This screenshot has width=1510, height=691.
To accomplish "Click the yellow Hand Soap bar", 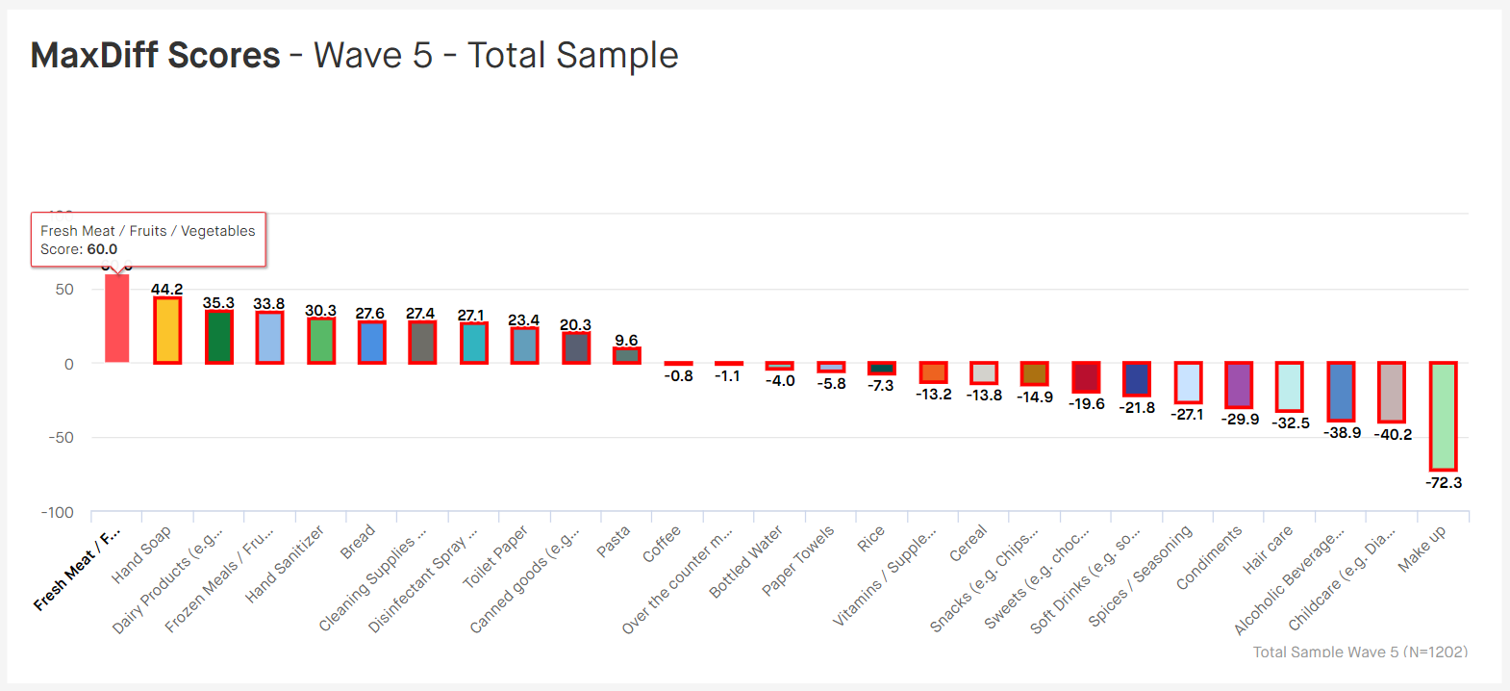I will [x=167, y=330].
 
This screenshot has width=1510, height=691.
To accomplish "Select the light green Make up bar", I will [x=1443, y=416].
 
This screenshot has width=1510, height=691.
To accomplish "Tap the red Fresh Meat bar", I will [x=116, y=319].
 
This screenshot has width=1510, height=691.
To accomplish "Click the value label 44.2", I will [x=166, y=289].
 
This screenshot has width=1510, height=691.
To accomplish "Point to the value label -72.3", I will [x=1443, y=482].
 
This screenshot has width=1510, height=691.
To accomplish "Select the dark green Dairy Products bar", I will [x=218, y=337].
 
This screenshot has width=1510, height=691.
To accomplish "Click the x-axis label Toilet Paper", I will [x=496, y=556].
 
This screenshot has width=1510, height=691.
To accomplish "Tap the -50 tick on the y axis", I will [x=62, y=438].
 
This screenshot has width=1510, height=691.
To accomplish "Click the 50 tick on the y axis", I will [x=64, y=290].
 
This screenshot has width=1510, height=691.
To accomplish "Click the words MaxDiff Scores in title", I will [x=156, y=56].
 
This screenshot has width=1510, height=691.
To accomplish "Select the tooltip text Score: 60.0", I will [x=79, y=249].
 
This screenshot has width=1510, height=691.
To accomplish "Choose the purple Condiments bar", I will [x=1239, y=385].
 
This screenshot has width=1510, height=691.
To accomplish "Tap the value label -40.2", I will [x=1393, y=435].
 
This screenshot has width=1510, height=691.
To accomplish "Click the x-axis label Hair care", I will [x=1268, y=550].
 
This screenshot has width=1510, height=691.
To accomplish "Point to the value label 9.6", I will [x=626, y=340].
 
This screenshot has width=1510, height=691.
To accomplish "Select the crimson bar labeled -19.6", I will [x=1086, y=378].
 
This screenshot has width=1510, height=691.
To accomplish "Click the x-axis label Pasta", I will [x=614, y=541].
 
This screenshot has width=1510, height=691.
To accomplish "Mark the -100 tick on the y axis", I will [x=58, y=513].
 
